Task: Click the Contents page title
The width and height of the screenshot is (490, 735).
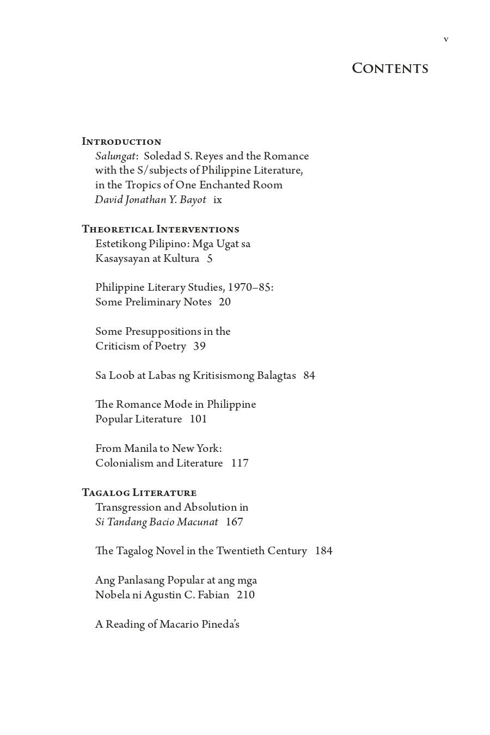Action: coord(390,69)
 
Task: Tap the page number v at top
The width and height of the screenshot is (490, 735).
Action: coord(446,39)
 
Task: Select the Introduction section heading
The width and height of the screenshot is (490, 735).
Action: coord(121,142)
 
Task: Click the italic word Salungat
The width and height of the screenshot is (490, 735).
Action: coord(115,156)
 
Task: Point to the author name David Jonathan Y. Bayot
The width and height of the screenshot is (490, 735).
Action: coord(150,200)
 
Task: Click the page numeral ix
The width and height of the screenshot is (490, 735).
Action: coord(218,200)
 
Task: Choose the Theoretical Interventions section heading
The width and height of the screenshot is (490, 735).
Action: coord(161,229)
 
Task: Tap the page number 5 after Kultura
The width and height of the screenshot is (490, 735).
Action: coord(210,259)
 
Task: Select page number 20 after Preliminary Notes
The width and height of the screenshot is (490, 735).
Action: coord(225,302)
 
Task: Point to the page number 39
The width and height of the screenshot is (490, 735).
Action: coord(199,346)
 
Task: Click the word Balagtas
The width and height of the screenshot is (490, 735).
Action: coord(276,376)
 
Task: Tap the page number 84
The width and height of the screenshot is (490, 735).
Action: coord(309,376)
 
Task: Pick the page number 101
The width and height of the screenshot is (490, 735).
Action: coord(198,419)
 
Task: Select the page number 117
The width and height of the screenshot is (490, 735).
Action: coord(240,463)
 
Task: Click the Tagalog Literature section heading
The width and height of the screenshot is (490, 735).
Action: coord(139,493)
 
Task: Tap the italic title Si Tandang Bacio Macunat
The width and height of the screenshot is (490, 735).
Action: coord(157,522)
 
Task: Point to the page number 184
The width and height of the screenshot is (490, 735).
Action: coord(323,551)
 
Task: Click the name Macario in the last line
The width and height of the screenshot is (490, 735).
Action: coord(179,624)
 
